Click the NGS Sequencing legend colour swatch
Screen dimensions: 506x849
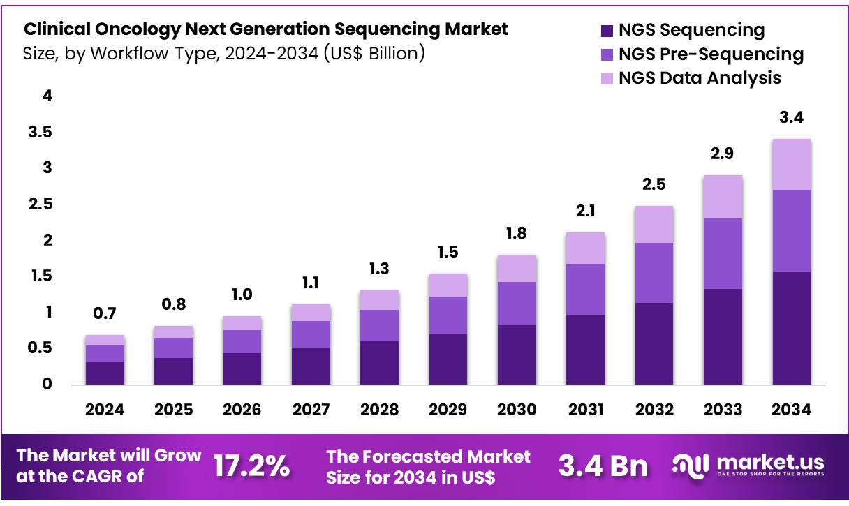click(x=606, y=31)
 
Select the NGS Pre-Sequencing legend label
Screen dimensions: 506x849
click(x=711, y=54)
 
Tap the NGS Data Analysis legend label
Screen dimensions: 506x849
click(x=700, y=78)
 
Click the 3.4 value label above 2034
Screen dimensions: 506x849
click(x=791, y=118)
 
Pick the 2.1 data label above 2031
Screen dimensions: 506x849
click(x=585, y=211)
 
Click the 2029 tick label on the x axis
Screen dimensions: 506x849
click(x=448, y=410)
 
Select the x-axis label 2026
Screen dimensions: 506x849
click(x=242, y=410)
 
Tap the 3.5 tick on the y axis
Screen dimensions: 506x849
click(x=40, y=133)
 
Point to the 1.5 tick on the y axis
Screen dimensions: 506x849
click(x=40, y=277)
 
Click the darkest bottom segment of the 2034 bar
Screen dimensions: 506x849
click(x=791, y=328)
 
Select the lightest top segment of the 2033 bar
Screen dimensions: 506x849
click(x=723, y=197)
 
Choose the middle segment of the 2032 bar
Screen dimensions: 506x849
click(x=654, y=273)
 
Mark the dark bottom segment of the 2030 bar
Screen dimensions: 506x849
click(x=517, y=355)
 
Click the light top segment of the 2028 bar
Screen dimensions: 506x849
click(x=379, y=300)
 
